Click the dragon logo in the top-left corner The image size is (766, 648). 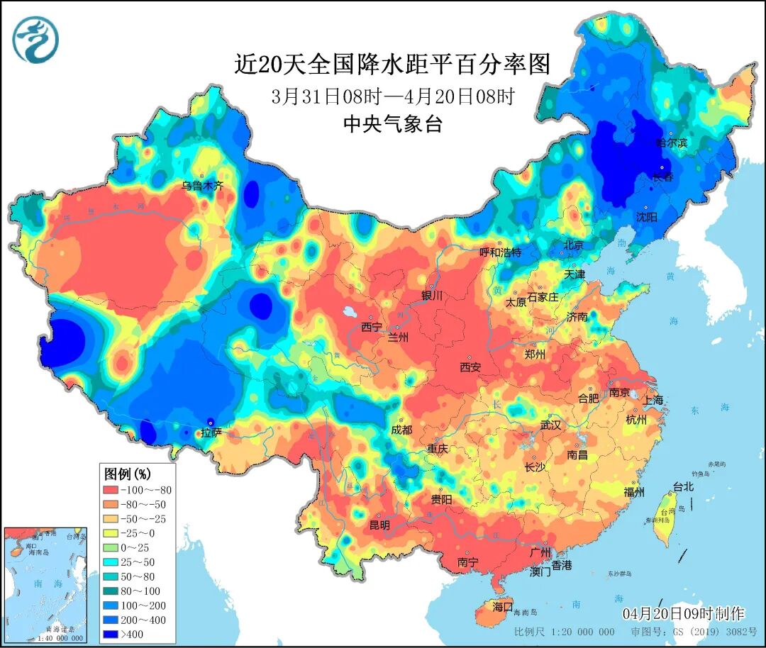(35, 39)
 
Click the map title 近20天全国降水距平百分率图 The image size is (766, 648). (392, 65)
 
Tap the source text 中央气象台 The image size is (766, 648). (392, 125)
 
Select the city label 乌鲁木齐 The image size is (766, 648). (202, 186)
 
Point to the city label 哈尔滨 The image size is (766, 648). (672, 143)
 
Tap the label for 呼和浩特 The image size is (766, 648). (500, 252)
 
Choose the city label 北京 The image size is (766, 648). (573, 245)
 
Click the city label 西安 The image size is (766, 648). (470, 367)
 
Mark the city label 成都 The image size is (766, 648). (401, 430)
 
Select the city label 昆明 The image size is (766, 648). (379, 525)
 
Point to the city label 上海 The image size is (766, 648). (654, 400)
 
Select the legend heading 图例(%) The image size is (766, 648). (128, 473)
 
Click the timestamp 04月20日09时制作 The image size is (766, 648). (683, 613)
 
